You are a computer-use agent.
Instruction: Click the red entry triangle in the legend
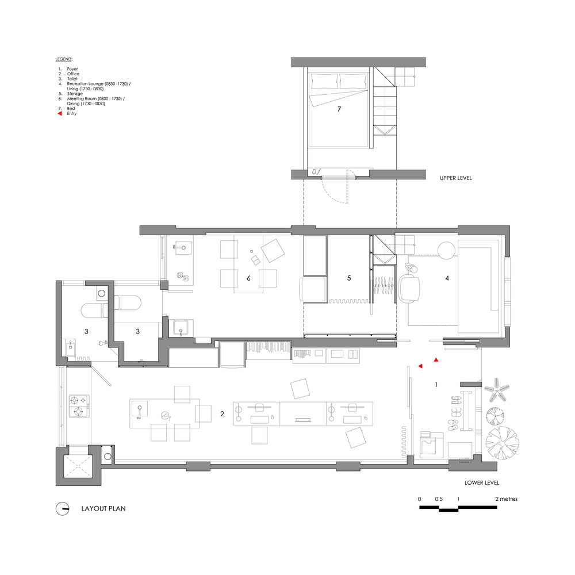point(60,113)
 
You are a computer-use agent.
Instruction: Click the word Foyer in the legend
point(72,69)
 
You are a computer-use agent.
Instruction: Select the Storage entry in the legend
point(75,94)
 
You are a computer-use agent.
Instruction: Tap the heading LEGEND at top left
point(64,59)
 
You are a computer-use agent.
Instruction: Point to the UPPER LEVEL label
point(456,178)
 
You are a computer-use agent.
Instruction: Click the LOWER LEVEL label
point(482,482)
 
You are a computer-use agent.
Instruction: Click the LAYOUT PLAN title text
point(103,508)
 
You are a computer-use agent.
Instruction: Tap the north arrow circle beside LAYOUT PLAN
point(62,509)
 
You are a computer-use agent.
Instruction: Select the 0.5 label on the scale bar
point(439,499)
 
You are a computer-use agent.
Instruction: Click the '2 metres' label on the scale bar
point(507,499)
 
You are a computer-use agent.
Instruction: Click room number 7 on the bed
point(339,109)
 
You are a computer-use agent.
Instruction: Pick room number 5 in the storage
point(349,278)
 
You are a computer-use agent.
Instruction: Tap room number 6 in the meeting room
point(248,278)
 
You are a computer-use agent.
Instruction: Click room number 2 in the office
point(222,413)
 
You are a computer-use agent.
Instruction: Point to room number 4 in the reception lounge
point(447,278)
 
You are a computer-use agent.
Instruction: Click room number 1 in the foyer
point(436,384)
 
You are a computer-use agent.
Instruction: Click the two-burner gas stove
point(79,406)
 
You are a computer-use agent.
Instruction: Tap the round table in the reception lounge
point(447,251)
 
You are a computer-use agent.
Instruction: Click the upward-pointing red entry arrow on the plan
point(436,360)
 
